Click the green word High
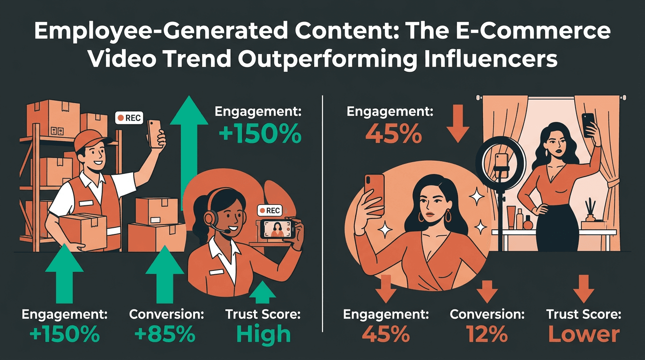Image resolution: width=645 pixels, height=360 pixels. (263, 334)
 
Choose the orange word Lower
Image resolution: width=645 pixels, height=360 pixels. (584, 334)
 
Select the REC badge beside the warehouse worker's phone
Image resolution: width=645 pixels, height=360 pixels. (129, 118)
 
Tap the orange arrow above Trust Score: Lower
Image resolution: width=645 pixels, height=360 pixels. (584, 287)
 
